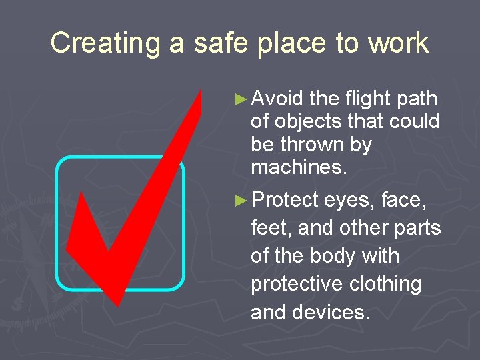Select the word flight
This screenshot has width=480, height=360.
pyautogui.click(x=368, y=99)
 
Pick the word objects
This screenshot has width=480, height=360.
pyautogui.click(x=307, y=122)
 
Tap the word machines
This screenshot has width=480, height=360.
pyautogui.click(x=299, y=167)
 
